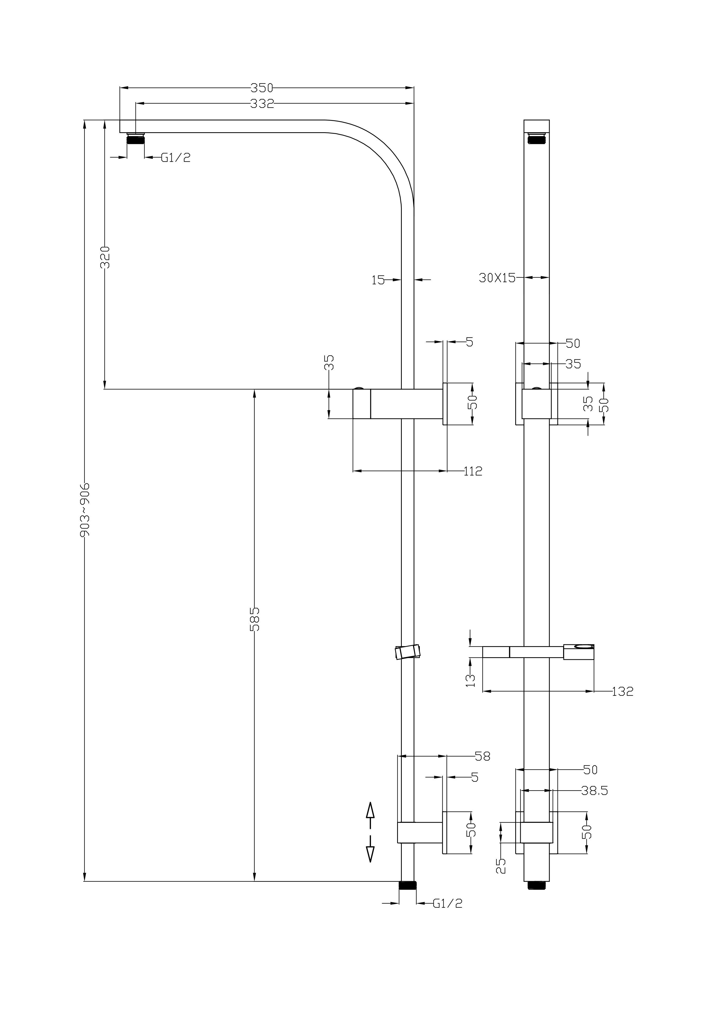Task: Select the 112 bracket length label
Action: pyautogui.click(x=473, y=471)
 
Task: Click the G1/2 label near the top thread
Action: pyautogui.click(x=176, y=158)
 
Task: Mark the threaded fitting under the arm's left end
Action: pyautogui.click(x=135, y=139)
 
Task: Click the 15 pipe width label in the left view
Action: pyautogui.click(x=378, y=280)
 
